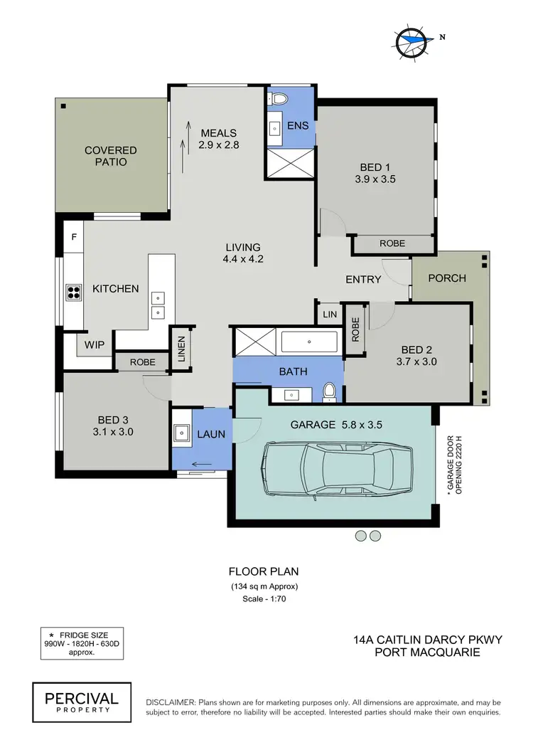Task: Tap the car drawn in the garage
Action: coord(336,470)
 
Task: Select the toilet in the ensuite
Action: coord(279,99)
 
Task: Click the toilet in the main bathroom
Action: coord(328,391)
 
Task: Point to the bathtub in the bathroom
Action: coord(309,342)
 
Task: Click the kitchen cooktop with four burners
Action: coord(73,292)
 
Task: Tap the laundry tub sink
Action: coord(181,432)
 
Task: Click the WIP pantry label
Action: coord(95,345)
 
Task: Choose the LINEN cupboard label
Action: coord(181,349)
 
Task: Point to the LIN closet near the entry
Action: coord(329,314)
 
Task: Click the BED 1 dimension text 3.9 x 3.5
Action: coord(375,179)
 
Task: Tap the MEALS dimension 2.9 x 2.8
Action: coord(218,145)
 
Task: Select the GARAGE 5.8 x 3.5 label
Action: coord(338,425)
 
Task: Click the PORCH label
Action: coord(447,278)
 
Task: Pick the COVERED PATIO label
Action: coord(110,156)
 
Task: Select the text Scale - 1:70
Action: coord(264,599)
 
